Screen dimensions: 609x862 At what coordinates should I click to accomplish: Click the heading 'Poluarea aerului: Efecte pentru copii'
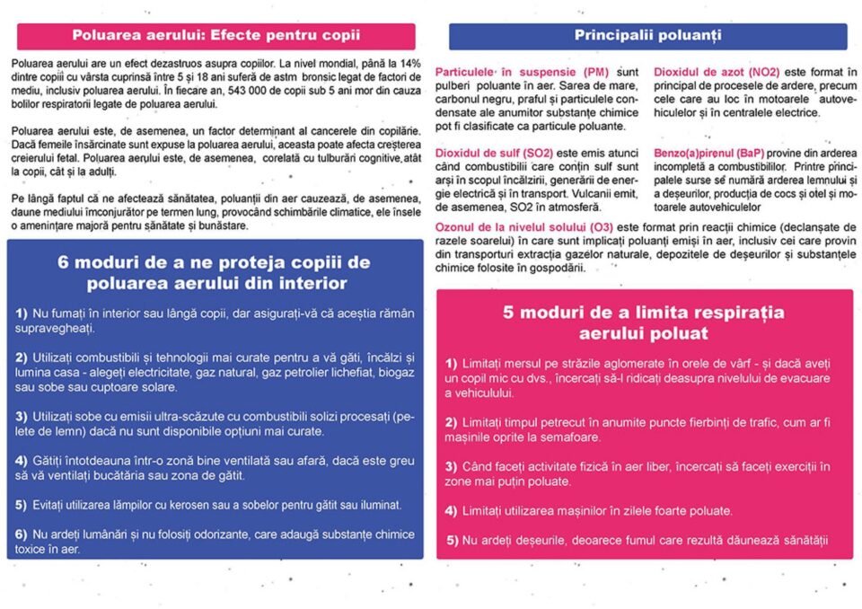(215, 36)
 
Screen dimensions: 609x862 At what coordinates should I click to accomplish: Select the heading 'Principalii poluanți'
(646, 36)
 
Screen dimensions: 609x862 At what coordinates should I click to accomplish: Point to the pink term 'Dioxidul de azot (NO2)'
(716, 72)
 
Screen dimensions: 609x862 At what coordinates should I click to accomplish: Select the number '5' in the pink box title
(508, 313)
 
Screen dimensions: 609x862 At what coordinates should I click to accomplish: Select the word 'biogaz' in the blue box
(394, 373)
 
